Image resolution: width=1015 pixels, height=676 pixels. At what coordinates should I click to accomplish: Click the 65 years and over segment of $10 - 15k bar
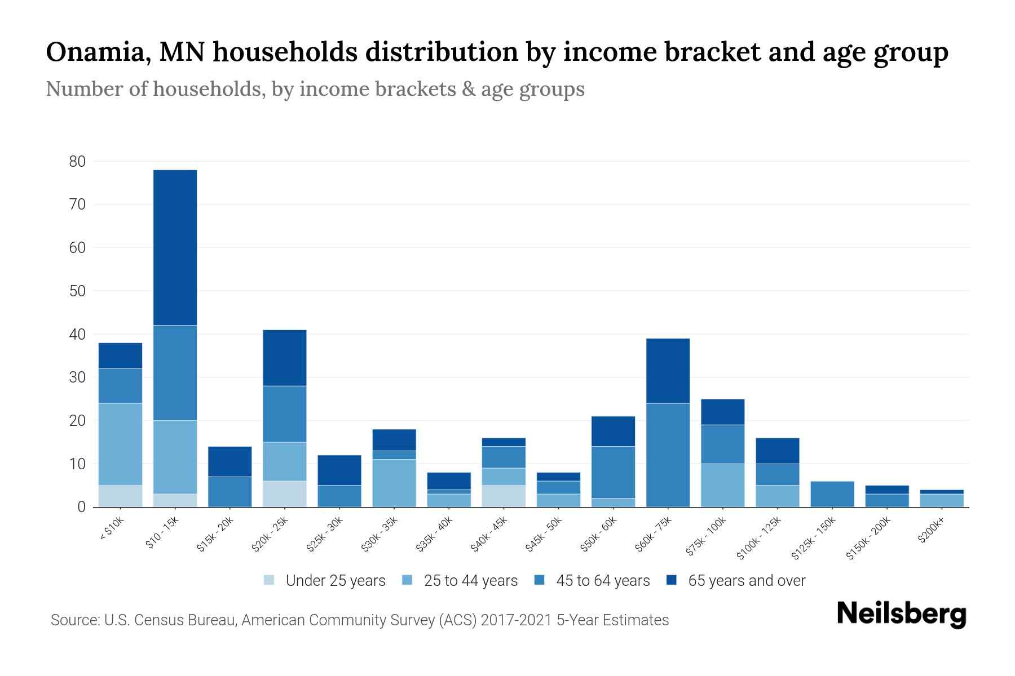pyautogui.click(x=175, y=248)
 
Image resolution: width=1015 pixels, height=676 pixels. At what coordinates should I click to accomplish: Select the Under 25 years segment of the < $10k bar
pyautogui.click(x=120, y=496)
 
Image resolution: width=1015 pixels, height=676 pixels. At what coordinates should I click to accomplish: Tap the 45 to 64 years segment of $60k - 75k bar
pyautogui.click(x=668, y=455)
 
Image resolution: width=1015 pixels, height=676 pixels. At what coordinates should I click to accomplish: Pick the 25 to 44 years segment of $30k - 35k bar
pyautogui.click(x=394, y=483)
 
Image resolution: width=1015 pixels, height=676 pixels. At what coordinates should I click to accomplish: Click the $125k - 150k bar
pyautogui.click(x=832, y=494)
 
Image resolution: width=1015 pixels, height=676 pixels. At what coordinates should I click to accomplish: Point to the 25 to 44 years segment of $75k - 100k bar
pyautogui.click(x=722, y=486)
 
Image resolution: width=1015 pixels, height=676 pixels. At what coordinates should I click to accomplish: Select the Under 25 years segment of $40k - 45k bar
pyautogui.click(x=504, y=496)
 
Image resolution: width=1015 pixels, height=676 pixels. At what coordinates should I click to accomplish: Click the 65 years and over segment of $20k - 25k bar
pyautogui.click(x=284, y=358)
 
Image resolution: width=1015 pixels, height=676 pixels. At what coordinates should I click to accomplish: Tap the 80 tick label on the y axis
pyautogui.click(x=77, y=162)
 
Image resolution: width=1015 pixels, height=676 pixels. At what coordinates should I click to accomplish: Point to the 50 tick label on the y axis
pyautogui.click(x=77, y=291)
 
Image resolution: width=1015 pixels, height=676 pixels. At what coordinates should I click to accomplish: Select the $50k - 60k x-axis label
pyautogui.click(x=599, y=535)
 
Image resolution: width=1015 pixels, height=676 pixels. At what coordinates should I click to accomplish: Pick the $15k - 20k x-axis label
pyautogui.click(x=215, y=535)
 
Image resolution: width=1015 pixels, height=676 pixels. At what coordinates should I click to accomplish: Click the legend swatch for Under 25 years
pyautogui.click(x=270, y=580)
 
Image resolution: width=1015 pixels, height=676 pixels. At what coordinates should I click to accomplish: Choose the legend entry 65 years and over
pyautogui.click(x=746, y=581)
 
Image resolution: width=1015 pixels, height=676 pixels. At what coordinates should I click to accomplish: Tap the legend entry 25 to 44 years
pyautogui.click(x=470, y=581)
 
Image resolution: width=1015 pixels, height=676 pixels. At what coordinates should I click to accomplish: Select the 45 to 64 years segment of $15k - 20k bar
pyautogui.click(x=230, y=492)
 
